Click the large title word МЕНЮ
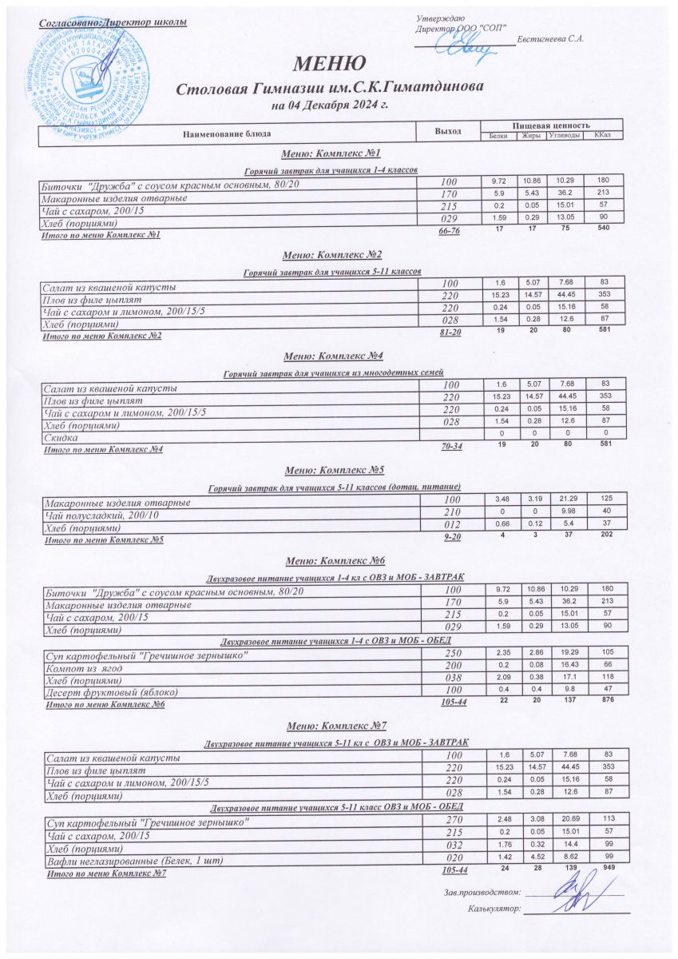(332, 63)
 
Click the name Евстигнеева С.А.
(550, 39)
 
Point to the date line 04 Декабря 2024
(330, 105)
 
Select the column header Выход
(447, 131)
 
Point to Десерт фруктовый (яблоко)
(109, 691)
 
